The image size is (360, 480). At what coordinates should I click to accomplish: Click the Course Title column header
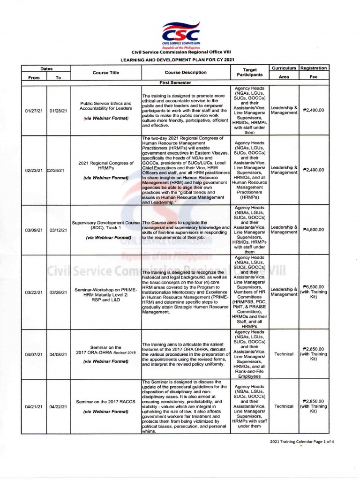click(105, 73)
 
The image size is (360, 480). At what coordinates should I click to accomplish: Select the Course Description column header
click(186, 73)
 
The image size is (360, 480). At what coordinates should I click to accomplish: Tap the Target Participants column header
click(249, 72)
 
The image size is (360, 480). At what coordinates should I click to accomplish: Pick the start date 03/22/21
click(34, 292)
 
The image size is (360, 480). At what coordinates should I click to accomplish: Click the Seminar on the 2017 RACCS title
click(105, 401)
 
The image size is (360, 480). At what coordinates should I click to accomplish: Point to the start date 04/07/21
click(34, 354)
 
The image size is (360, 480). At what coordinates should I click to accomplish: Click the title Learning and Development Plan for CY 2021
click(180, 60)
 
